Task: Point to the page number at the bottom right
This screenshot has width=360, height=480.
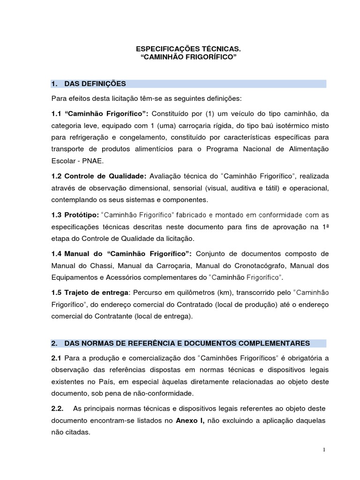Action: (x=324, y=450)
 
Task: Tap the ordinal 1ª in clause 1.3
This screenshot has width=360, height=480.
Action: (x=324, y=226)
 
